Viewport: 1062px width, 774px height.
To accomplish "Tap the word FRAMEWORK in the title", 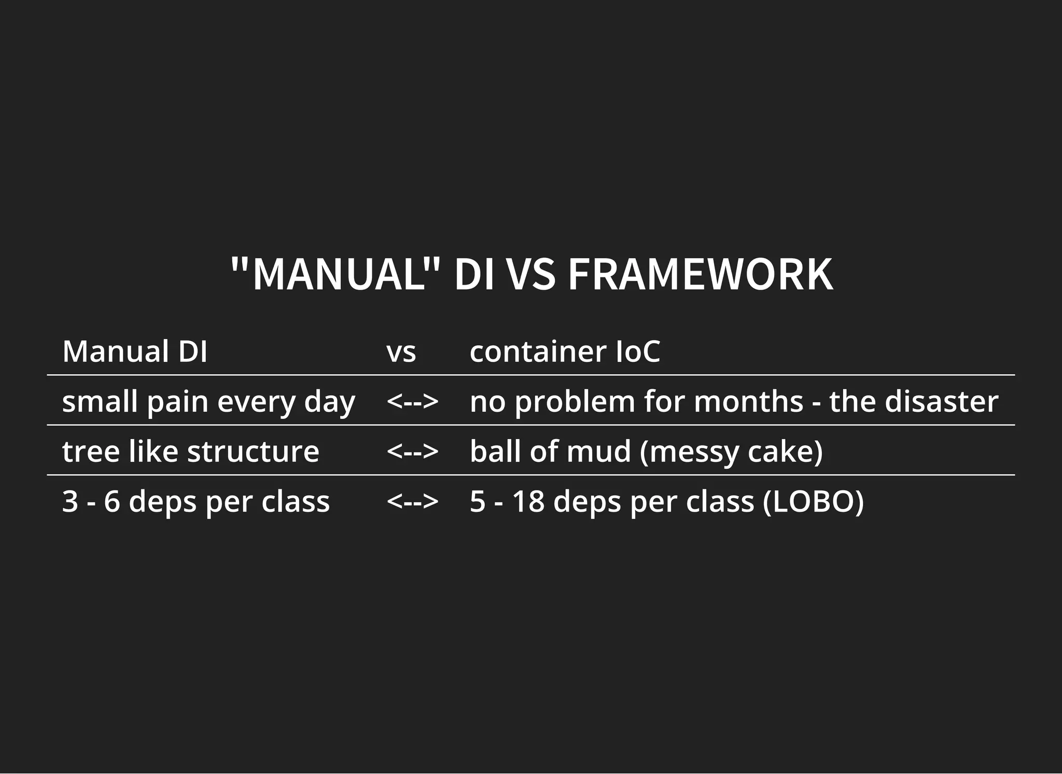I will (x=700, y=274).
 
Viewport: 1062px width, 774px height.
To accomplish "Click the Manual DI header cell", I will (x=135, y=351).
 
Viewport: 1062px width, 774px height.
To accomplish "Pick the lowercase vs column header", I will (x=401, y=353).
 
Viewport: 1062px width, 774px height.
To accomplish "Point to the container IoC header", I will (x=565, y=351).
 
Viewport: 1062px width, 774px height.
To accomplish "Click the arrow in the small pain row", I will (x=412, y=401).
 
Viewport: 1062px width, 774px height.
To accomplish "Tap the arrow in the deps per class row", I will (x=412, y=501).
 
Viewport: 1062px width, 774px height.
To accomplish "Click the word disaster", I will (x=941, y=401).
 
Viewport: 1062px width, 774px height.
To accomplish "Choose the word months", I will (x=748, y=401).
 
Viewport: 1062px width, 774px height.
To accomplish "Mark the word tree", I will (x=91, y=451).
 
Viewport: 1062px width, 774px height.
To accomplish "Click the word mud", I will (x=598, y=451).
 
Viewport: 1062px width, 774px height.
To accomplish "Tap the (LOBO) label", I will (x=813, y=502).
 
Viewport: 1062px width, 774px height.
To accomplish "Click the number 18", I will (x=528, y=501).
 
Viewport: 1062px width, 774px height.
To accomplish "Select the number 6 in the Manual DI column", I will (x=112, y=501).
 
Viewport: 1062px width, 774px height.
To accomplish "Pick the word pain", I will (x=178, y=402).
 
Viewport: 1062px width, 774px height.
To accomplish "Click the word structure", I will (x=253, y=451).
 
